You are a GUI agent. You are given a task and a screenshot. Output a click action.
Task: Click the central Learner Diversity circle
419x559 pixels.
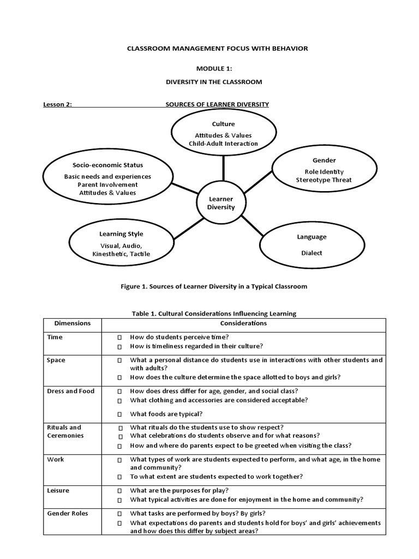(x=221, y=203)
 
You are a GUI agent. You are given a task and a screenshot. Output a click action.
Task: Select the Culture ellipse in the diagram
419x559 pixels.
(x=223, y=133)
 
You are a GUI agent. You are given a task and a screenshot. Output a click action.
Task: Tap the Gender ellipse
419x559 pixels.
(x=324, y=170)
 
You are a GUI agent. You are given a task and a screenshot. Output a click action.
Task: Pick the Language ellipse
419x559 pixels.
(x=312, y=245)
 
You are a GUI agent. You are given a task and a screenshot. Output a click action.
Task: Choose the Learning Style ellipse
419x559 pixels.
(x=121, y=243)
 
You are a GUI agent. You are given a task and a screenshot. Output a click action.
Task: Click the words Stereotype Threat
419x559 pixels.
(x=324, y=180)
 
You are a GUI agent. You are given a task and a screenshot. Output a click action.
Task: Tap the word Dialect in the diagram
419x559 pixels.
(x=312, y=253)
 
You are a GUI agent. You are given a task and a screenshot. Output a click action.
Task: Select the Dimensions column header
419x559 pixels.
(x=73, y=323)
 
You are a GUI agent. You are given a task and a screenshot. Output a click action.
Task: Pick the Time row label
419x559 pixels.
(x=55, y=337)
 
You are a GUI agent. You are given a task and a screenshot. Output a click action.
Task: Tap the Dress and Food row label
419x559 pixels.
(x=71, y=391)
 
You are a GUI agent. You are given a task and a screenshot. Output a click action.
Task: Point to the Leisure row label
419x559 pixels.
(x=58, y=490)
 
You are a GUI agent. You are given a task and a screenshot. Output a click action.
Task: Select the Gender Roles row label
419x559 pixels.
(x=68, y=513)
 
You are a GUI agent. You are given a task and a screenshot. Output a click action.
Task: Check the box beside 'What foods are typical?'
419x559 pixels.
(x=119, y=414)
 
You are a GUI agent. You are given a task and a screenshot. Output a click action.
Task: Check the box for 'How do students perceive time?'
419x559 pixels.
(x=119, y=337)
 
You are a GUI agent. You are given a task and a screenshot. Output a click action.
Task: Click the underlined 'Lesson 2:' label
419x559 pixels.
(x=58, y=104)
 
